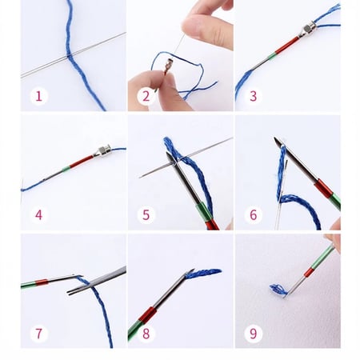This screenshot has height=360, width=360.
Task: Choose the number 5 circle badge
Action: point(145,214)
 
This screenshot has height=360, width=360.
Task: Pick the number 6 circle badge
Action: point(252,214)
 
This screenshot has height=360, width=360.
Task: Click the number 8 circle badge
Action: point(145,331)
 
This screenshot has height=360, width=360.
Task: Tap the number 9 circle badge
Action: point(252,331)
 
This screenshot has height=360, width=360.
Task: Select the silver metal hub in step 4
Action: point(102,151)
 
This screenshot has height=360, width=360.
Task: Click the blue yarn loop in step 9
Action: point(278,290)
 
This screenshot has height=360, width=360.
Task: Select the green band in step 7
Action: point(30,283)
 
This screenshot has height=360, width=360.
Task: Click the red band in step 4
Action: point(81,162)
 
